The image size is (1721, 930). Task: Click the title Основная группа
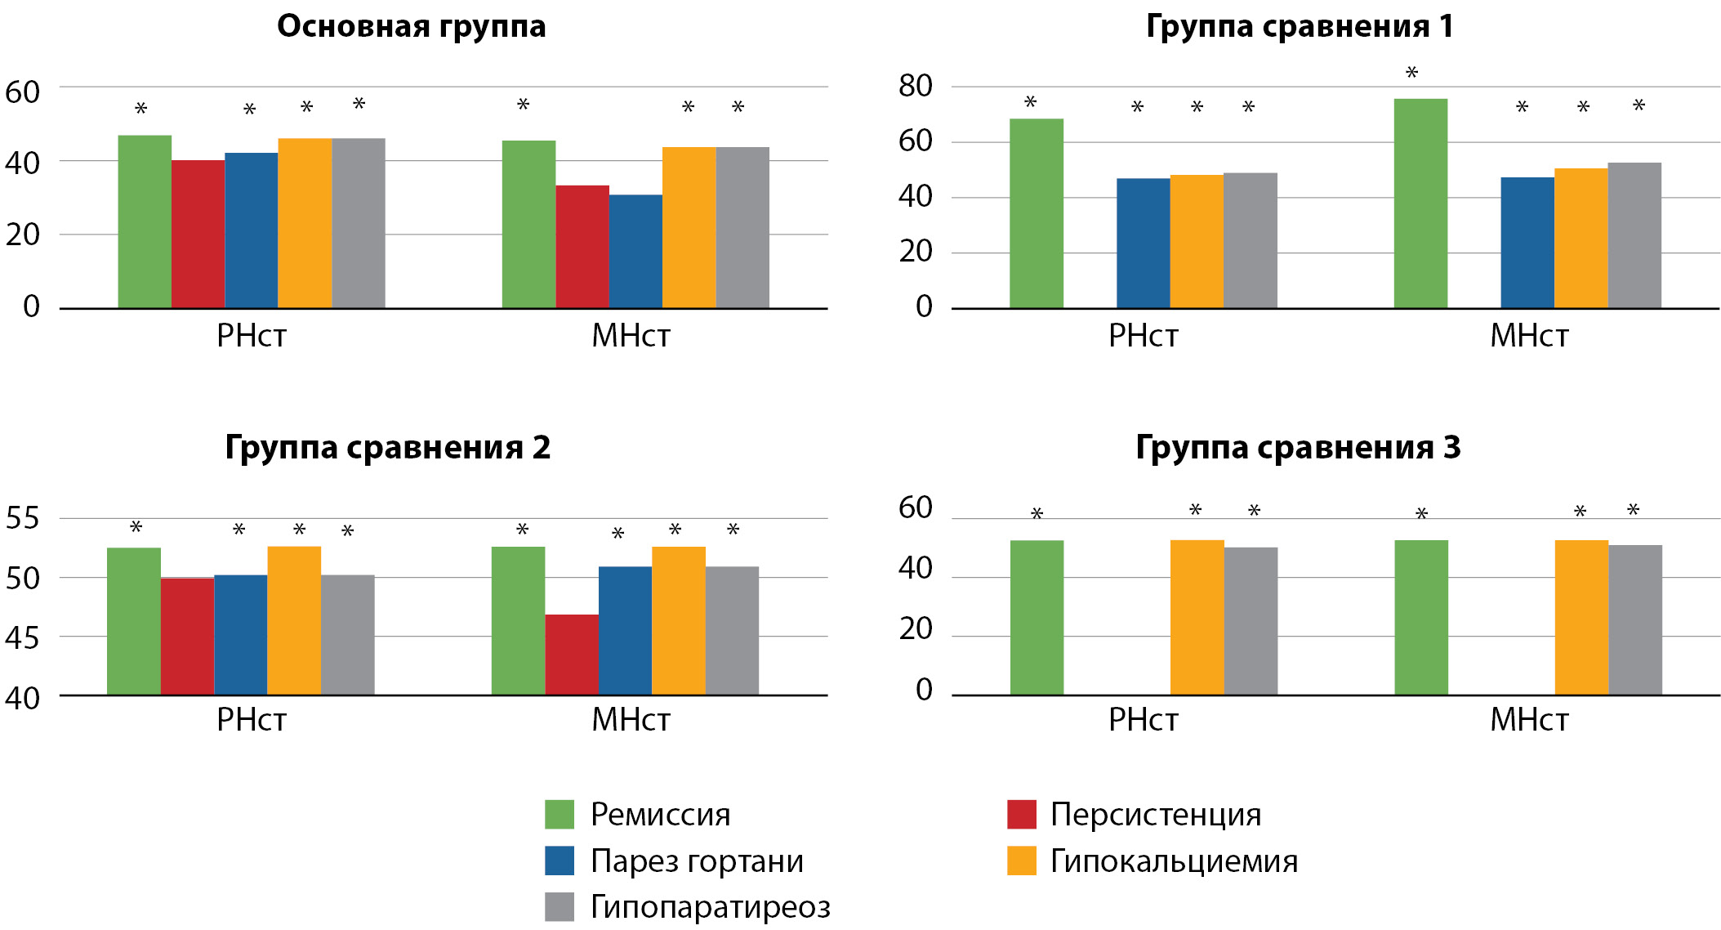(x=411, y=26)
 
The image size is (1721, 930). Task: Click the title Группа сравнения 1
(x=1300, y=26)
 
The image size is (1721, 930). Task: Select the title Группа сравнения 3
(x=1298, y=447)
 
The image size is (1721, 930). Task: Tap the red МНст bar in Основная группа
(x=582, y=247)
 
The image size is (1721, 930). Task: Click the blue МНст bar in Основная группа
(x=635, y=252)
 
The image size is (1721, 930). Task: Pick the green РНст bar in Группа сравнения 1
(x=1037, y=213)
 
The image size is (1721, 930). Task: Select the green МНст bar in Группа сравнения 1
(x=1420, y=203)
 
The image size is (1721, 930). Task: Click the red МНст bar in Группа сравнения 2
(x=572, y=655)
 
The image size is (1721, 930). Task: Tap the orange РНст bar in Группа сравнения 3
(x=1197, y=617)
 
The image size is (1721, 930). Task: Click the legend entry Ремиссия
(x=660, y=815)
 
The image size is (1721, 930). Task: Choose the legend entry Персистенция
(x=1155, y=815)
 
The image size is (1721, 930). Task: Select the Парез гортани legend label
(x=697, y=861)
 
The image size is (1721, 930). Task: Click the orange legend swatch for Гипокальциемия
(x=1021, y=861)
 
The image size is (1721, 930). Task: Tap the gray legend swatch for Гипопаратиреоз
(x=560, y=906)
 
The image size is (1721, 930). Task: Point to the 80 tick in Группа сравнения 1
(x=915, y=86)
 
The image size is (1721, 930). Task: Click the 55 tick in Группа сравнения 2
(x=22, y=518)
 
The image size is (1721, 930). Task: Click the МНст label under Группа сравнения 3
(x=1528, y=720)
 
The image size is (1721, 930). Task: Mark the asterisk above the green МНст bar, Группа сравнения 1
(x=1411, y=73)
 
